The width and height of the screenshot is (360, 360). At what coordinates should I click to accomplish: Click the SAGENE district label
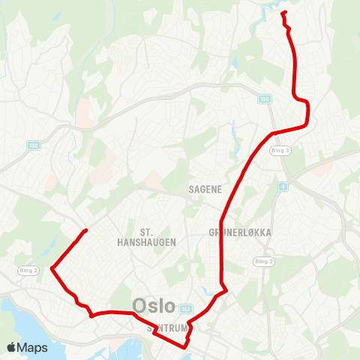205,190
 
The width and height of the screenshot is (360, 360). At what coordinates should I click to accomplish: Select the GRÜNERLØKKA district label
241,233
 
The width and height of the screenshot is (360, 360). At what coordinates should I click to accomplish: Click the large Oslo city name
154,306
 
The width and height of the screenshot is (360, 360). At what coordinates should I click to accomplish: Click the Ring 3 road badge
280,150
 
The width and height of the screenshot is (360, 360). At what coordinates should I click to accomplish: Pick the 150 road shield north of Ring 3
264,98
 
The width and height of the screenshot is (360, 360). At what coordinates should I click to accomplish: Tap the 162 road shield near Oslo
186,309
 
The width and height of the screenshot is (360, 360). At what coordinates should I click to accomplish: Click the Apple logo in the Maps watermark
12,347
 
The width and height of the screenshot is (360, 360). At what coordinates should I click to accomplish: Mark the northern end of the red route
283,13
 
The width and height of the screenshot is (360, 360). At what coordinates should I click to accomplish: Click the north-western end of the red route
87,229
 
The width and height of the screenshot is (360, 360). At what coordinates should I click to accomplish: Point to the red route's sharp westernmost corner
51,268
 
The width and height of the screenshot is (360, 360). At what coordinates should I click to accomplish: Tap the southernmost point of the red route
184,347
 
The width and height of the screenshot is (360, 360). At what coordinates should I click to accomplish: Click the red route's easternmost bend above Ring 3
308,112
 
